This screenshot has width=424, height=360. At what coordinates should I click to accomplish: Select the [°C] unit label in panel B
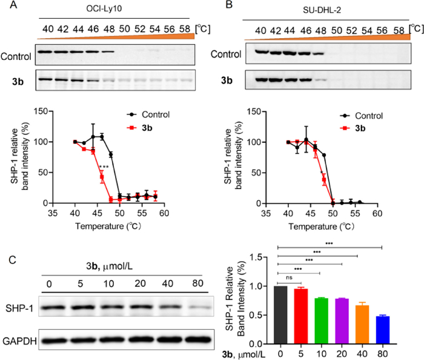416,28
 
